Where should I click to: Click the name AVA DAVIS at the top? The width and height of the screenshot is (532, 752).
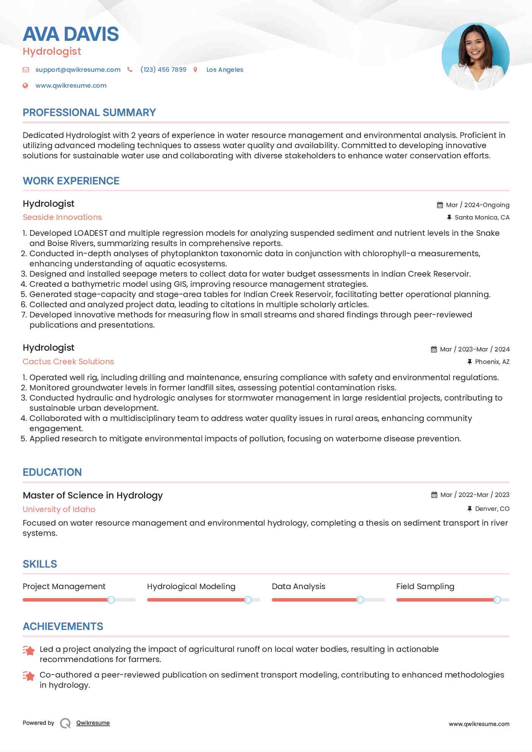[x=71, y=34]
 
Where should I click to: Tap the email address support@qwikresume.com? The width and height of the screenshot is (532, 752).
[x=78, y=70]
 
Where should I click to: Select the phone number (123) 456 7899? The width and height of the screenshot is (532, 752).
[x=163, y=70]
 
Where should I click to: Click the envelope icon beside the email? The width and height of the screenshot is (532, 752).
[x=26, y=70]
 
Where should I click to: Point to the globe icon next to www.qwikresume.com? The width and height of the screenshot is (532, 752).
[x=25, y=85]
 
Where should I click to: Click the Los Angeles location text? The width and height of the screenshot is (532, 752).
[x=225, y=70]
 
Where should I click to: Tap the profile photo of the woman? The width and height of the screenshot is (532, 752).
[x=475, y=56]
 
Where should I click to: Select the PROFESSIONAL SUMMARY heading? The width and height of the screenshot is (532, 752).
[x=89, y=112]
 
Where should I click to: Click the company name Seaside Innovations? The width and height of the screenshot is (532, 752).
[x=62, y=217]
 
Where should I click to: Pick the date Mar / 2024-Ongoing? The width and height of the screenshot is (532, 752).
[x=477, y=205]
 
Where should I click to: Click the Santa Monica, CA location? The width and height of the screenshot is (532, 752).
[x=482, y=217]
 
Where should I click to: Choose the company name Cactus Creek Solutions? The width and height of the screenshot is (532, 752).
[x=68, y=362]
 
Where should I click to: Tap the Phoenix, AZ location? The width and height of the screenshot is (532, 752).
[x=492, y=362]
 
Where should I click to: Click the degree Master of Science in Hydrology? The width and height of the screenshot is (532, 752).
[x=93, y=495]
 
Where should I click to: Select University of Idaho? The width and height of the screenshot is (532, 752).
[x=59, y=509]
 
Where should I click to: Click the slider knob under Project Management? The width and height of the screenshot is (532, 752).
[x=111, y=600]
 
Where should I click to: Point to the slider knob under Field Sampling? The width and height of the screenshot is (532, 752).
[x=497, y=600]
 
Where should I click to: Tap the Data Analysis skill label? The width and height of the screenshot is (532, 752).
[x=298, y=586]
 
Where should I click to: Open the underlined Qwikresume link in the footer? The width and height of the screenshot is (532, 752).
[x=93, y=723]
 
